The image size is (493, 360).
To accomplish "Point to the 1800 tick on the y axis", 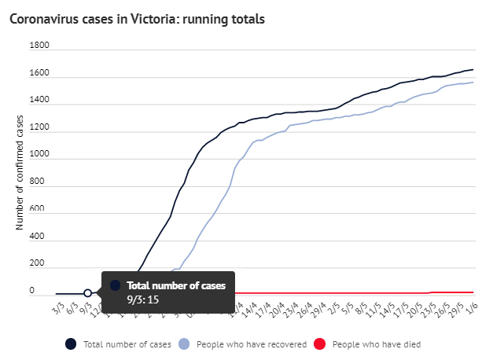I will click(x=39, y=46).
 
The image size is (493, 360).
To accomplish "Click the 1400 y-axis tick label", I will click(x=39, y=101).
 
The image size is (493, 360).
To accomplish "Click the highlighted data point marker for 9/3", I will click(x=88, y=293).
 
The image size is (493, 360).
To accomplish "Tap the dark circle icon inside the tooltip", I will click(x=116, y=285).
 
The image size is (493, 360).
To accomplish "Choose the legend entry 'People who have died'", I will click(x=370, y=343).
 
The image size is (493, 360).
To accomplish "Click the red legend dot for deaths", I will click(x=319, y=343).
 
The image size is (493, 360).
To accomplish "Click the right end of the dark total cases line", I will click(x=473, y=70).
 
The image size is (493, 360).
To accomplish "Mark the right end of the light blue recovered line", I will click(x=473, y=82).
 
